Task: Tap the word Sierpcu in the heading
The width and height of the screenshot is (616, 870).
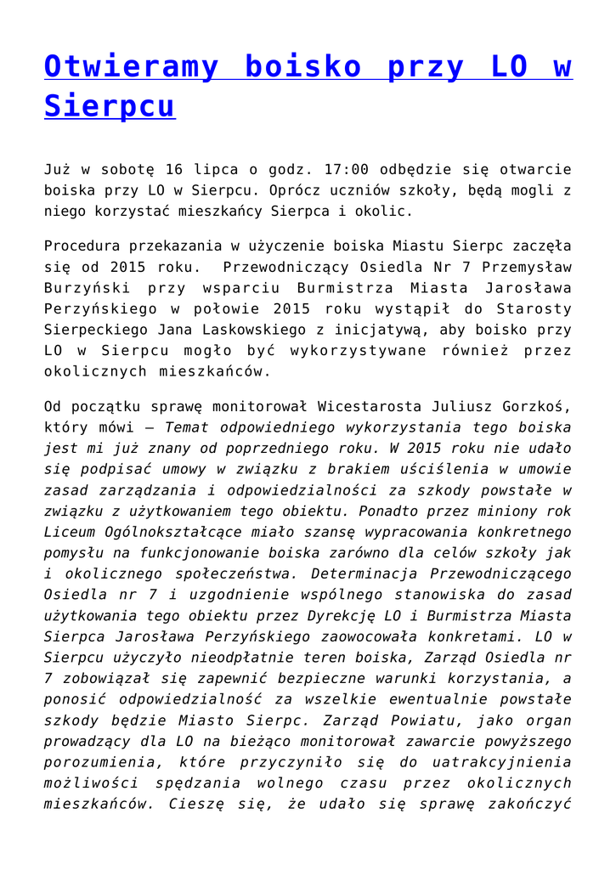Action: [110, 105]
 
